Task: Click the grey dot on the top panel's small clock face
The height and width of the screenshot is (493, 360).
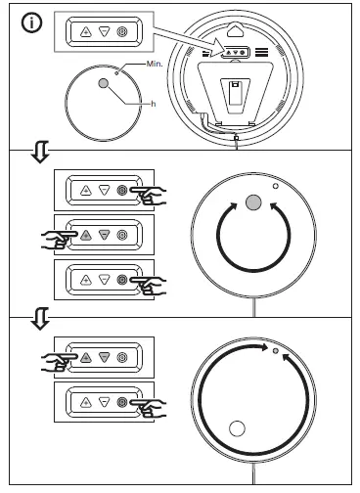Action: (x=104, y=86)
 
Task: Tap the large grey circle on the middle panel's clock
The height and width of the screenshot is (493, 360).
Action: (x=251, y=202)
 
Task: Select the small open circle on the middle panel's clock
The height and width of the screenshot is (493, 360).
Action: (x=277, y=187)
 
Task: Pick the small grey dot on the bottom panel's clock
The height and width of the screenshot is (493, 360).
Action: (x=277, y=349)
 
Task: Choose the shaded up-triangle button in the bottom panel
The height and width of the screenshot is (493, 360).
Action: (x=85, y=361)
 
